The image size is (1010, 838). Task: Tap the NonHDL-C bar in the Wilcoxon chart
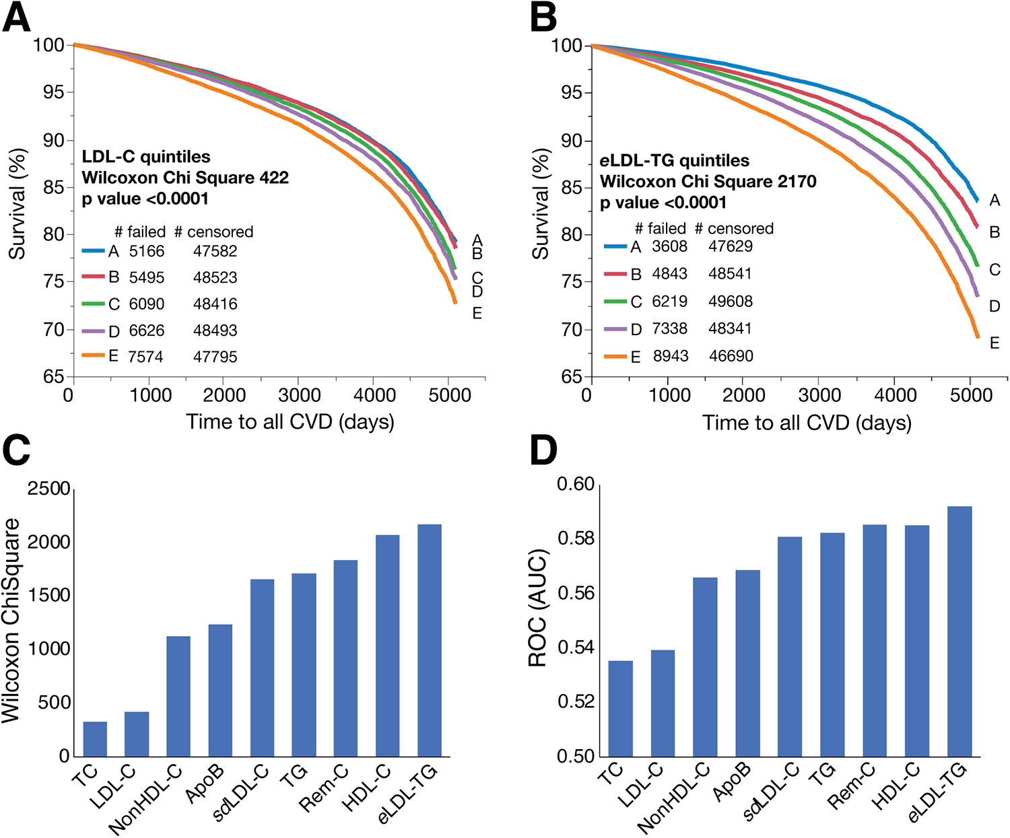[178, 696]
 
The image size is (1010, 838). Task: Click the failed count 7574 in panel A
[146, 357]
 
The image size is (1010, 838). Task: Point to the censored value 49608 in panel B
[731, 302]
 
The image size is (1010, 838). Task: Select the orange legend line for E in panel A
[94, 355]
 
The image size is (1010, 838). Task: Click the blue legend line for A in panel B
[615, 246]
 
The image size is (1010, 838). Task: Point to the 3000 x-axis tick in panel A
[299, 395]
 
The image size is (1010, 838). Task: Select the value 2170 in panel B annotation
[795, 182]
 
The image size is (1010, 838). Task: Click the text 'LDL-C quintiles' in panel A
[146, 157]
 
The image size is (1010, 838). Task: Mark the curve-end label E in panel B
[995, 343]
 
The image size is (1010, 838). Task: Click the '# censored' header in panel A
[213, 232]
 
